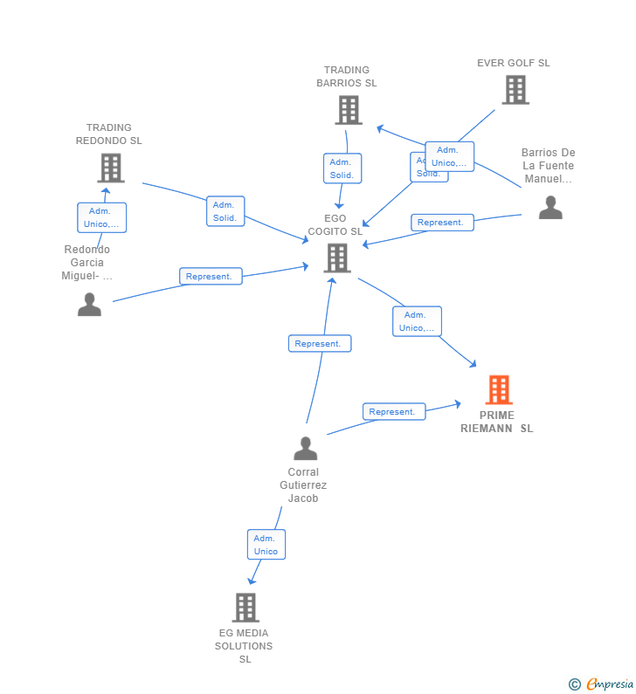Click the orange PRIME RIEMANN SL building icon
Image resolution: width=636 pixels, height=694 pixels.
pos(498,389)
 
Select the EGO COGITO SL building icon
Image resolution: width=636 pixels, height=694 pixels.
pos(337,258)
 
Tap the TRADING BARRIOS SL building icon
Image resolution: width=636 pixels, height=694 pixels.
pos(348,110)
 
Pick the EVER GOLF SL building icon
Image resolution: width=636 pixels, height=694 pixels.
pos(515,89)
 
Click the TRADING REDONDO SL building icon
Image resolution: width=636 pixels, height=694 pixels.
pos(110,168)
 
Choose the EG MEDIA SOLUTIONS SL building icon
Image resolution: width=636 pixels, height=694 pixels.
pos(245,607)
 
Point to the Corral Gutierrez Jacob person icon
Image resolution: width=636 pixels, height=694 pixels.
pos(305,448)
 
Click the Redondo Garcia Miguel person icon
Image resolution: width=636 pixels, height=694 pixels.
pos(89,304)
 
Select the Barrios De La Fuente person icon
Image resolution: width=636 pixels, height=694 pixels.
pos(550,207)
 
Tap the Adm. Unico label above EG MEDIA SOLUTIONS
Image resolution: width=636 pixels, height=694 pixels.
pos(266,544)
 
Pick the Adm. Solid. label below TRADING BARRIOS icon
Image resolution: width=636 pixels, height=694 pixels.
pos(342,168)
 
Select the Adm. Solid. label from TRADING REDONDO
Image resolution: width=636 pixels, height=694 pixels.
pos(225,211)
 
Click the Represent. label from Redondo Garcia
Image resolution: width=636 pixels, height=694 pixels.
pos(211,276)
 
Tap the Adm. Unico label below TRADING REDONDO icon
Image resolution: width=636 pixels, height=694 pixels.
pos(101,217)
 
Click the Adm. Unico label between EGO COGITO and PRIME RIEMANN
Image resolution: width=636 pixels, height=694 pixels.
pos(417,321)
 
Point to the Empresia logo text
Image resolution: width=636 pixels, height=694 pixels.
pos(609,684)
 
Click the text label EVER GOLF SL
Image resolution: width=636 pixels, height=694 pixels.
pos(514,63)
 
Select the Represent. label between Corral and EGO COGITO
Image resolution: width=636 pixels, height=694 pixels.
pos(320,343)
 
